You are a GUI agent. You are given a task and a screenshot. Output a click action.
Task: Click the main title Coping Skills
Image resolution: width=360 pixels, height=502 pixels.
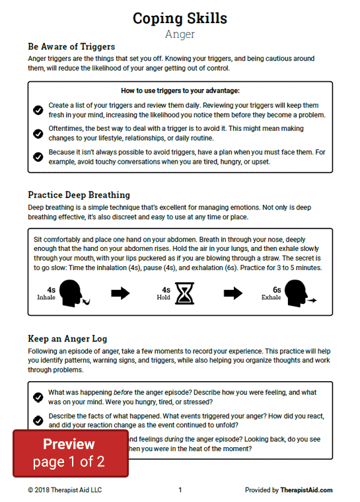click(x=180, y=18)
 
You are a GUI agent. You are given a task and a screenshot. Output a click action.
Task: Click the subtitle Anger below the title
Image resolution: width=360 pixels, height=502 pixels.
click(x=180, y=34)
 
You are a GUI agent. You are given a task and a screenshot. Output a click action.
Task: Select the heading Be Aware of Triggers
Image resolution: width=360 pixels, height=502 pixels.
click(x=71, y=47)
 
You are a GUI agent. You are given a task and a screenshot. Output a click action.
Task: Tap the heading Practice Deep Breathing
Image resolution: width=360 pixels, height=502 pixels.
click(x=79, y=195)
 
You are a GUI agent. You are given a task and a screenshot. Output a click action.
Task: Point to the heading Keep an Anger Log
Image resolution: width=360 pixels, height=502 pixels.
click(x=68, y=339)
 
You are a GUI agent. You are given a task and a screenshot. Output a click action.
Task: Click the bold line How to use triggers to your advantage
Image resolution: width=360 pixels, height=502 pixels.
click(x=180, y=90)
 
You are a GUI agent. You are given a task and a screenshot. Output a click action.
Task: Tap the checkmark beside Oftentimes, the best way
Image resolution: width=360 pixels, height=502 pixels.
click(x=38, y=133)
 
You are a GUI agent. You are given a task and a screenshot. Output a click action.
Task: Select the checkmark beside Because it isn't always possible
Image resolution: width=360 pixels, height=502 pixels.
click(x=38, y=157)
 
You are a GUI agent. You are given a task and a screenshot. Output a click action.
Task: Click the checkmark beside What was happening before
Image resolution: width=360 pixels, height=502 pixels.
click(x=38, y=397)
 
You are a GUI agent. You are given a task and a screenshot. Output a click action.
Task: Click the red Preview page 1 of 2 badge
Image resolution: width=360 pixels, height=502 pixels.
click(x=70, y=452)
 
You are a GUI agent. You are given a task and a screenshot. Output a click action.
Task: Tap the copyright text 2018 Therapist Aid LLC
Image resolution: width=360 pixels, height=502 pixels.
click(x=65, y=490)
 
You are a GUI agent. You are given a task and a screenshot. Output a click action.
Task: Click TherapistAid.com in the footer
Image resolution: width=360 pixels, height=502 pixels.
click(x=306, y=490)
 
